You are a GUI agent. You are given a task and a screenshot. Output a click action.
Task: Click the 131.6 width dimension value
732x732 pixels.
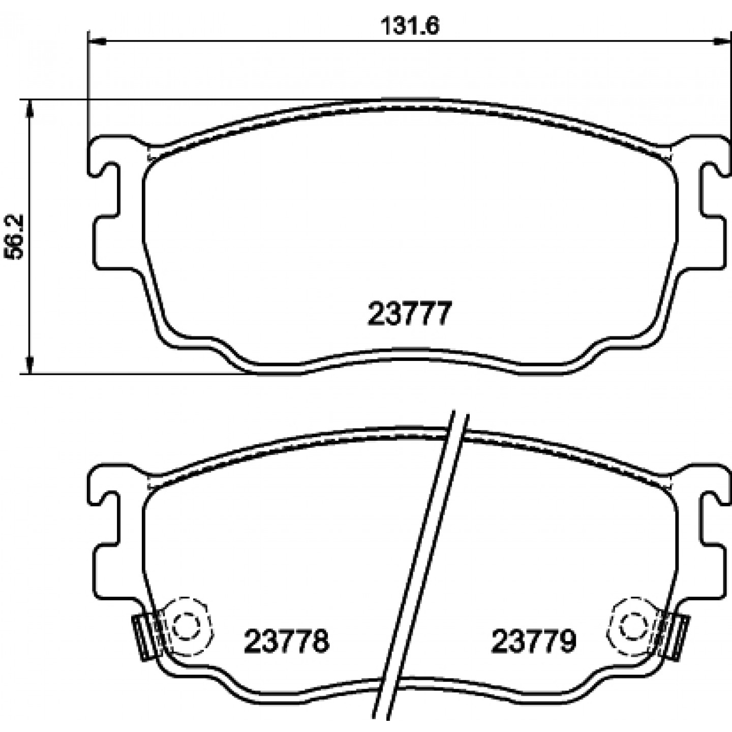tap(410, 26)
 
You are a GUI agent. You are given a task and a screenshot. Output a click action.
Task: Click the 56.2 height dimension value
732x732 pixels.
tap(14, 237)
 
